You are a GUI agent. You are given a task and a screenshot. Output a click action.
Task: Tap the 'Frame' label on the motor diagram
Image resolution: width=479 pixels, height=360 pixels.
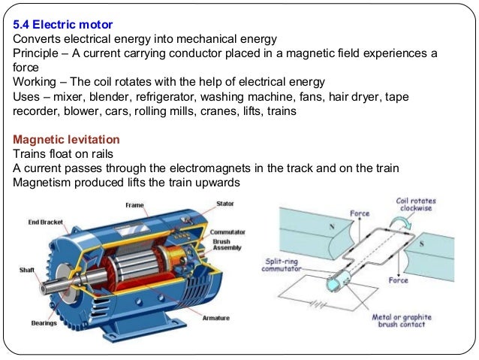[135, 205]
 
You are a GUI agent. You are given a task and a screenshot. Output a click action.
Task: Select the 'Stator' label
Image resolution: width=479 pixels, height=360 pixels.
[224, 204]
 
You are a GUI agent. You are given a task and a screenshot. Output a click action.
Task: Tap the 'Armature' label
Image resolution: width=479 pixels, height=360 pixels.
[216, 318]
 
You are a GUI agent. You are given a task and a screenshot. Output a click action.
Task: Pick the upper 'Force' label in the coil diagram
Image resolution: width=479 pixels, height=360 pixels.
[360, 214]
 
